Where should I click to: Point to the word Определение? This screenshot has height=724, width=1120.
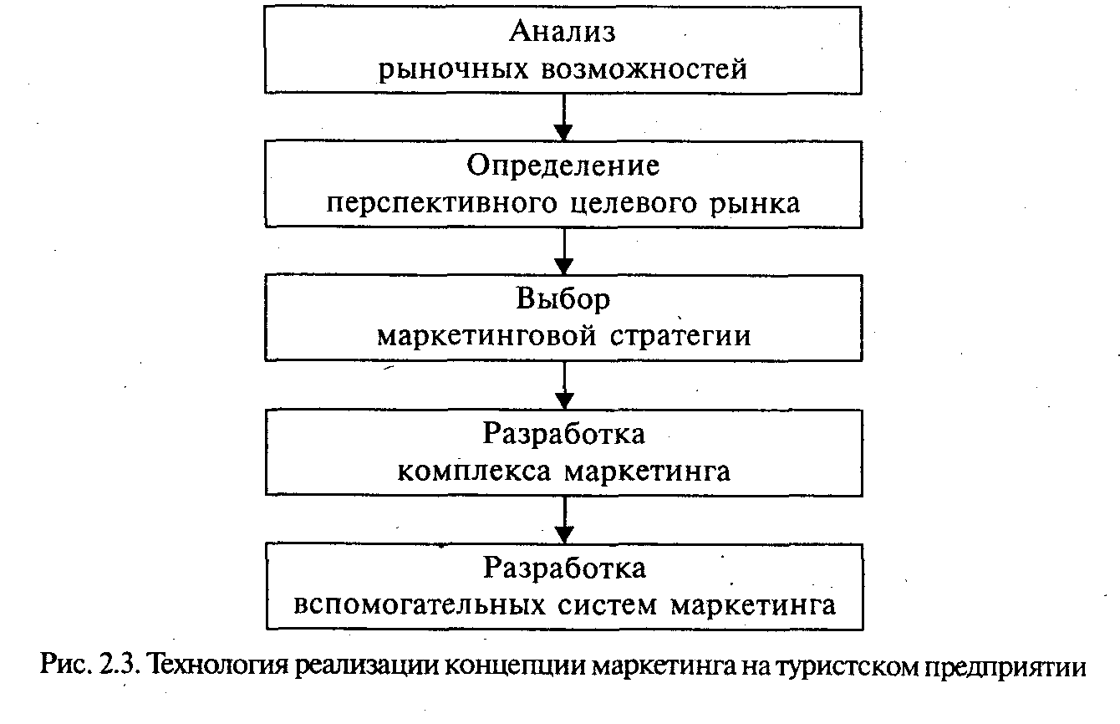click(563, 166)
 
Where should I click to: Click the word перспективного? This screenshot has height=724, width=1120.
click(439, 203)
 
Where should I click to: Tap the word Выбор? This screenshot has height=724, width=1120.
click(563, 299)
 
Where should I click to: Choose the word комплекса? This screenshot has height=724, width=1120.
click(474, 471)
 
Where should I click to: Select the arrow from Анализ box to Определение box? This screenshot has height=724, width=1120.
click(564, 117)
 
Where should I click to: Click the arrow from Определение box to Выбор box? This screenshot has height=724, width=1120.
click(564, 251)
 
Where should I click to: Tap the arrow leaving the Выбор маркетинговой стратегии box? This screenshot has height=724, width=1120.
click(564, 385)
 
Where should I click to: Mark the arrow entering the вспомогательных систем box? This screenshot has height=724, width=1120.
click(564, 519)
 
